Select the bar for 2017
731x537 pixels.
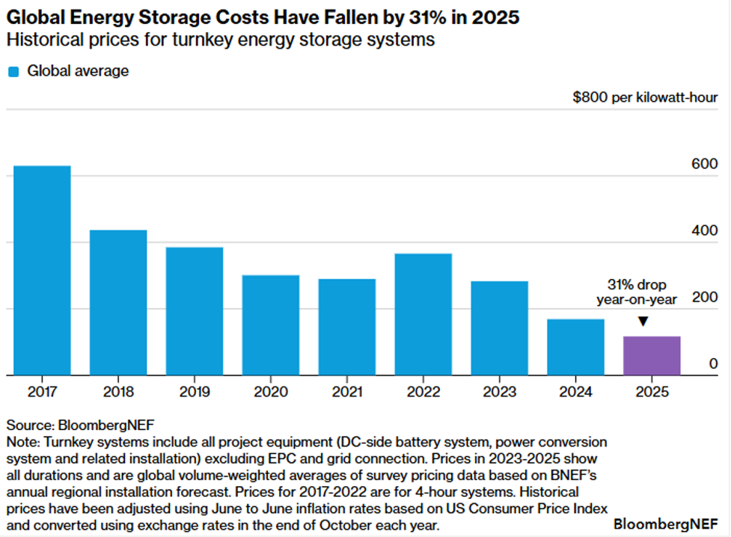click(x=42, y=270)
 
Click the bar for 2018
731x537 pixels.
click(x=118, y=302)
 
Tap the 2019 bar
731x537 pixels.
click(x=195, y=311)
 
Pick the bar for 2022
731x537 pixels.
click(x=423, y=314)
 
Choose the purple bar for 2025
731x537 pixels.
click(x=652, y=356)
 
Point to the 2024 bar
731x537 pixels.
click(x=575, y=347)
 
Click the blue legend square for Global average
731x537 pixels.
click(x=13, y=72)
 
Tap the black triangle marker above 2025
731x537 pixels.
click(x=642, y=322)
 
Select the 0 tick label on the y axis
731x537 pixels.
click(x=713, y=364)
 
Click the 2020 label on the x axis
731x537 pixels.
click(x=270, y=392)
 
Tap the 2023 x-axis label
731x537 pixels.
click(x=499, y=392)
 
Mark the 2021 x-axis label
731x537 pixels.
click(x=346, y=392)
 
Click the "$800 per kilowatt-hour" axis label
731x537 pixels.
click(x=645, y=98)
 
